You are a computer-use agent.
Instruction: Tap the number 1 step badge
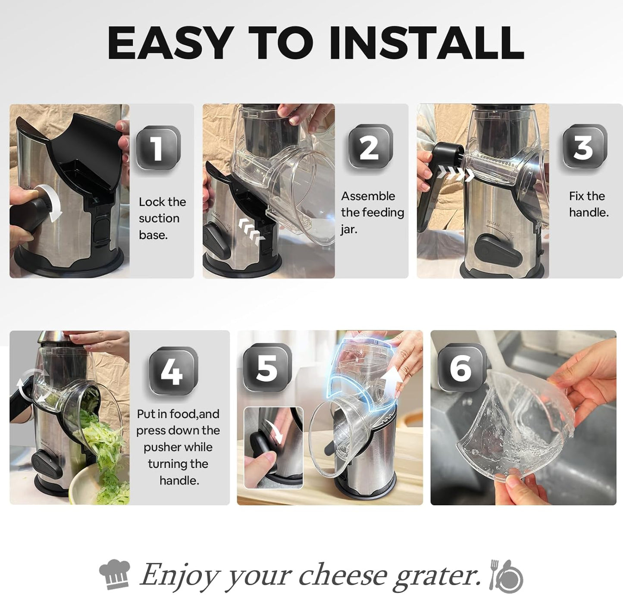point(158,148)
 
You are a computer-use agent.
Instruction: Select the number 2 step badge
point(370,147)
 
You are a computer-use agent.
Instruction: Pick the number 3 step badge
point(584,147)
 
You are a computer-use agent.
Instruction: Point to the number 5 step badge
point(267,368)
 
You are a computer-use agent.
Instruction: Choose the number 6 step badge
point(460,368)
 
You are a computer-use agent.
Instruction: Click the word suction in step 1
point(159,218)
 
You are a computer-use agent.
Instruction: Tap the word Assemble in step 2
point(368,196)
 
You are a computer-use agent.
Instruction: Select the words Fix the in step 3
point(587,196)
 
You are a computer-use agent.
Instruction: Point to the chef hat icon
point(115,574)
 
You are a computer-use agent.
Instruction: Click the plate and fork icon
point(506,575)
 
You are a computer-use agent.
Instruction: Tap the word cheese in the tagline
point(343,575)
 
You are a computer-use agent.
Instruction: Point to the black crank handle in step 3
point(440,181)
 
